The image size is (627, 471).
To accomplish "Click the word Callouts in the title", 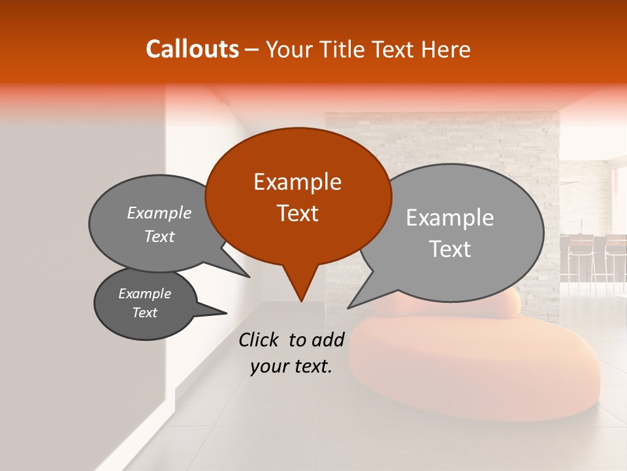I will coord(192,49).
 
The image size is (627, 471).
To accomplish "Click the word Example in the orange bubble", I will coord(298,182).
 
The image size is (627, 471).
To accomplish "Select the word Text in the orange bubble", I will coord(298,213).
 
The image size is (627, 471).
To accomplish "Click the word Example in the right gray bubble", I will coord(450,218).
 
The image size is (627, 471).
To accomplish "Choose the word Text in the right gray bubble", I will coord(450,249).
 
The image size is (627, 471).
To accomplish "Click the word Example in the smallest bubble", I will coord(145,294).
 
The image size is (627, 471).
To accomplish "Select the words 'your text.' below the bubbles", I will coord(291,367).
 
